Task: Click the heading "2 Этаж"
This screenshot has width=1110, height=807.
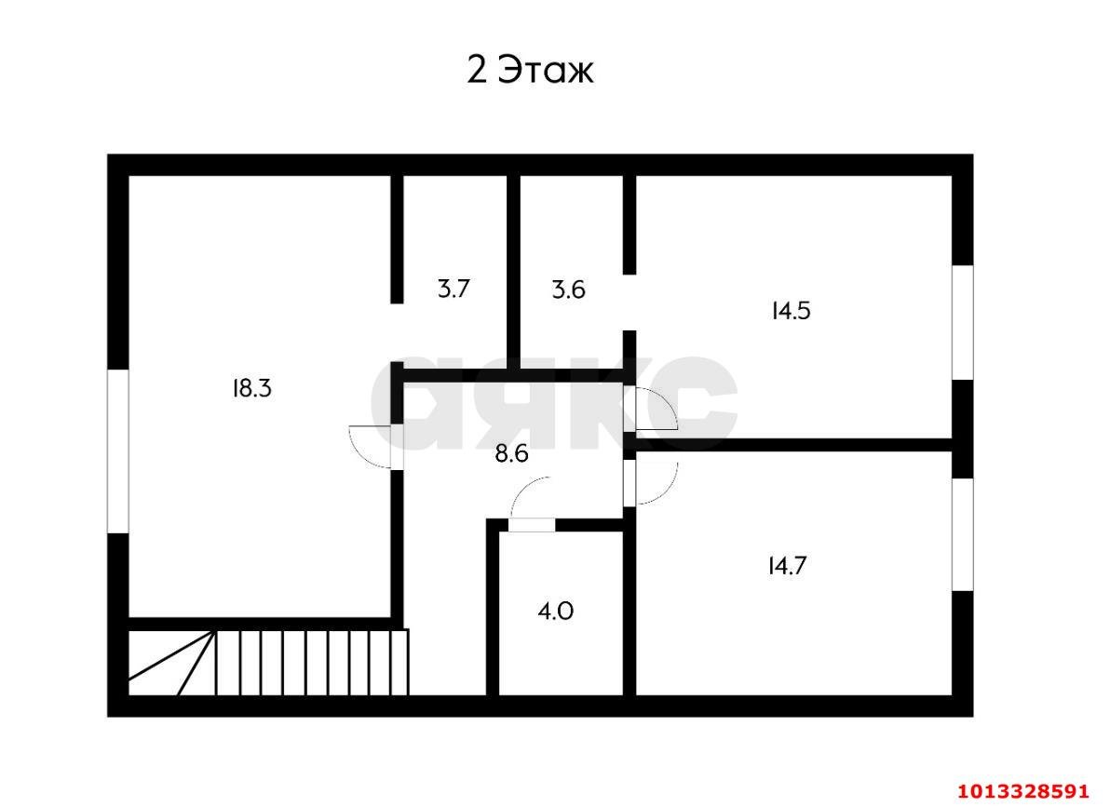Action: pos(530,70)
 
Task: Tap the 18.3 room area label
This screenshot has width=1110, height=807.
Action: pos(252,389)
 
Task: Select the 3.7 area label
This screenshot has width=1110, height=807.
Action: pos(453,289)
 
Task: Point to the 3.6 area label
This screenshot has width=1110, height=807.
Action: pos(568,289)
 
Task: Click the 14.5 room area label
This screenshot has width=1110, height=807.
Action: pos(791,310)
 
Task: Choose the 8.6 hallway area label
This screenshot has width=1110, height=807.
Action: pos(512,453)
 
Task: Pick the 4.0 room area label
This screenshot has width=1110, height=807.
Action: pos(556,611)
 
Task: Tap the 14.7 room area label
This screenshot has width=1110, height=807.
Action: pos(787,566)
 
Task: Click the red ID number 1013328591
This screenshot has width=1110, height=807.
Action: pos(1022,790)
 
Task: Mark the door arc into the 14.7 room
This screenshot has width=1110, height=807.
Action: pos(667,491)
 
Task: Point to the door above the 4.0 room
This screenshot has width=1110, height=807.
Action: pos(533,525)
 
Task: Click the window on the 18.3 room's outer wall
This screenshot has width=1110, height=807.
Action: pos(117,451)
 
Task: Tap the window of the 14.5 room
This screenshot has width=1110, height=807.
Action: pos(962,322)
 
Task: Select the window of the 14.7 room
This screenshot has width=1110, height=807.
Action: pos(962,534)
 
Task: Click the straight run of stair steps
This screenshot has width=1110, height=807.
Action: pos(312,662)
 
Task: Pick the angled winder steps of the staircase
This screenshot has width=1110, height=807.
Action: pos(172,662)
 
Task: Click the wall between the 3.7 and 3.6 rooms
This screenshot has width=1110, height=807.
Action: pos(514,273)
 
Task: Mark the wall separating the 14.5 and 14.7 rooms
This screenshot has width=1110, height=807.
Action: pos(793,445)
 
